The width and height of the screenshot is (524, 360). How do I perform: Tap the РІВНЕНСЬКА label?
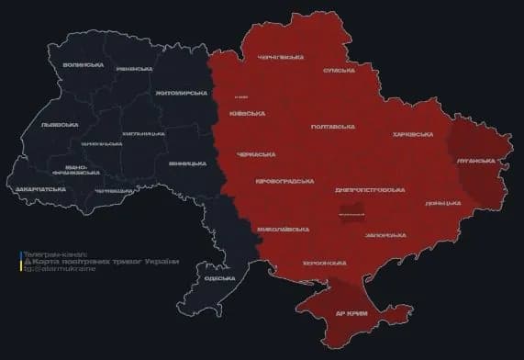[x=135, y=68]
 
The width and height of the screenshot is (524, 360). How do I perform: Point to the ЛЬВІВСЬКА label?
[x=60, y=124]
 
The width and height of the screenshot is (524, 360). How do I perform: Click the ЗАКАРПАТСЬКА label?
[x=39, y=188]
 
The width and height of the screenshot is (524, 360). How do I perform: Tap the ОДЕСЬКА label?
[x=219, y=277]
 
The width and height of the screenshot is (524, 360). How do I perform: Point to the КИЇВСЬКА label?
[x=250, y=113]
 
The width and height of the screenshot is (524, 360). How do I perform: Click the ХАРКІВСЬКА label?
[x=412, y=134]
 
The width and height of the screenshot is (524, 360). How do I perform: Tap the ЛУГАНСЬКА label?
[x=475, y=160]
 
